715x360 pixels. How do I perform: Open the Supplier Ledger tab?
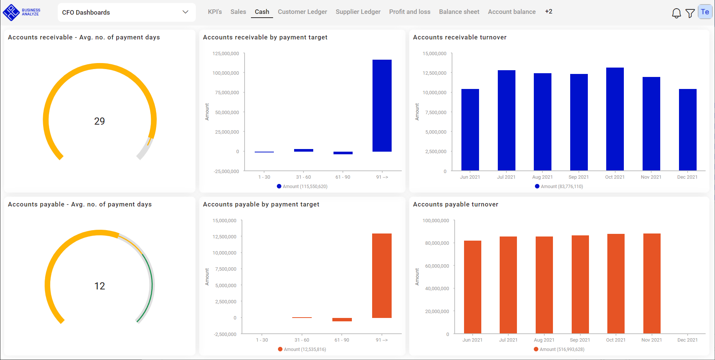[358, 12]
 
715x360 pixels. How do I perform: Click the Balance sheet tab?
[459, 12]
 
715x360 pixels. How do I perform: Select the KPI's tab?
[215, 12]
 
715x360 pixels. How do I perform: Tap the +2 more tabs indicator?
[548, 12]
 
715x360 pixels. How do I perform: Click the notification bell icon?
[676, 13]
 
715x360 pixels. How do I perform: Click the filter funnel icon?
[690, 13]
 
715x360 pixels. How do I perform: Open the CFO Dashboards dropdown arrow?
[185, 12]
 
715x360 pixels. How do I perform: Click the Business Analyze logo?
[21, 12]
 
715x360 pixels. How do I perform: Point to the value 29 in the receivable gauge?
[99, 121]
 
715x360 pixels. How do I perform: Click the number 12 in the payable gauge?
[99, 286]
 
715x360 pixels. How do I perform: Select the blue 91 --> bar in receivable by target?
[382, 105]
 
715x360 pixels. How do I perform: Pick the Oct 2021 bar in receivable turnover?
[615, 119]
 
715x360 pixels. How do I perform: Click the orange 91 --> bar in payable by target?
[382, 276]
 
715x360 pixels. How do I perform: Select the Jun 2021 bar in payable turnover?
[472, 287]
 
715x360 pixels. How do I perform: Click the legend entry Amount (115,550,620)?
[302, 187]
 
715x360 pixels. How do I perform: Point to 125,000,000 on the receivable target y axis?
[225, 54]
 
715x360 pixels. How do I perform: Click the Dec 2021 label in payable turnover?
[687, 340]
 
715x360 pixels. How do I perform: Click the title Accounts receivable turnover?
[460, 37]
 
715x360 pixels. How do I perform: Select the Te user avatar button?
[705, 12]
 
